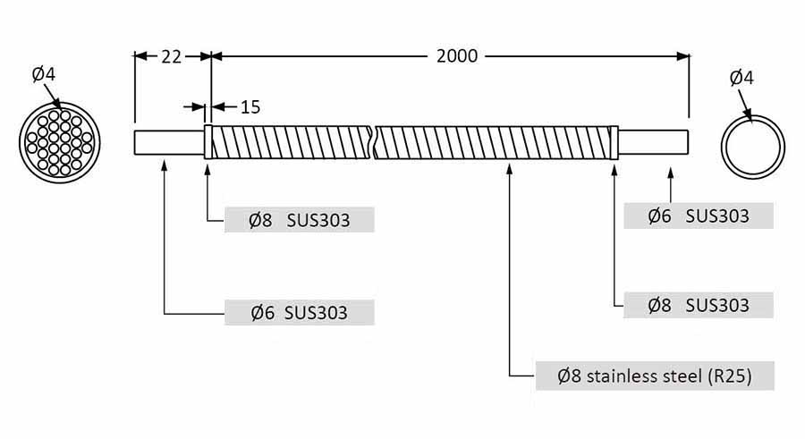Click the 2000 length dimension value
point(457,56)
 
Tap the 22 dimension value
point(172,57)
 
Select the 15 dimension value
point(250,106)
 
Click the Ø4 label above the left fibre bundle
point(44,74)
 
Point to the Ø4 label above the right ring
point(741,78)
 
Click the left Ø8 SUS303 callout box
point(300,220)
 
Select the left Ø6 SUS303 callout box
point(300,312)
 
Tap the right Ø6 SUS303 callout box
point(699,215)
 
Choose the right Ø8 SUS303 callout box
point(699,305)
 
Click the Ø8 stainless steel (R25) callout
point(655,376)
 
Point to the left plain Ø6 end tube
point(169,142)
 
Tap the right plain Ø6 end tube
point(653,142)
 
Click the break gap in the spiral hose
point(373,142)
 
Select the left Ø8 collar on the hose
point(208,142)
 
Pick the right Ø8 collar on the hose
point(614,142)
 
